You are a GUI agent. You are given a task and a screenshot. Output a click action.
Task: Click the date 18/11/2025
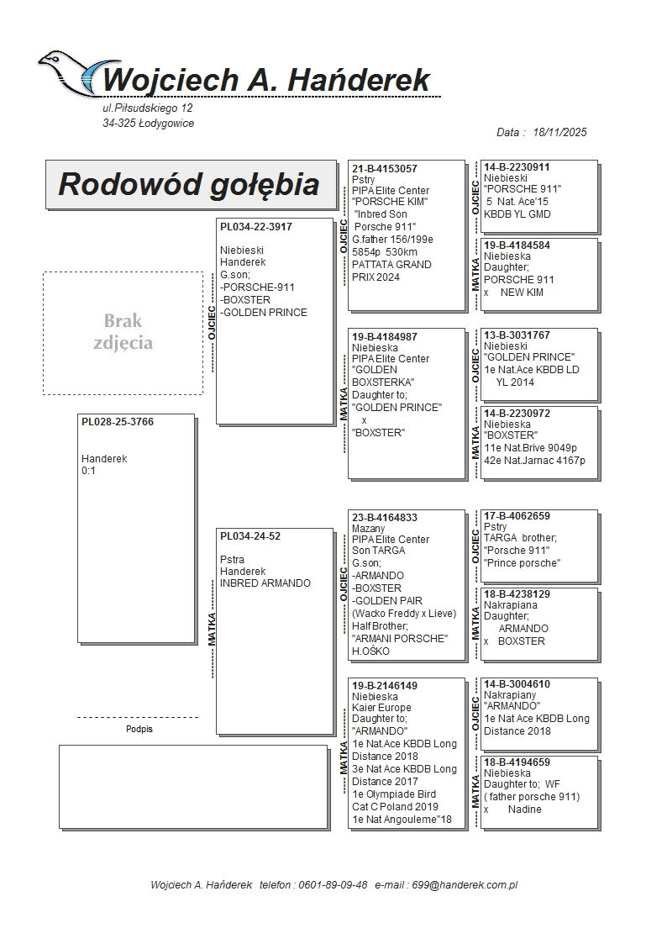click(559, 133)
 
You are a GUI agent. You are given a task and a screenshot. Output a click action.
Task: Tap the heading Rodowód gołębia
click(189, 184)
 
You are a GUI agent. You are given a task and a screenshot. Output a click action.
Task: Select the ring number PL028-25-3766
click(118, 422)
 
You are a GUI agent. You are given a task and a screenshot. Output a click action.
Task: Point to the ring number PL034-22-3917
click(255, 227)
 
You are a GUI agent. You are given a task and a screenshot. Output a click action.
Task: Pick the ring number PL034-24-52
click(250, 536)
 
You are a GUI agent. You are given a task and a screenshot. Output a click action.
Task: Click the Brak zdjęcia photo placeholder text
click(123, 332)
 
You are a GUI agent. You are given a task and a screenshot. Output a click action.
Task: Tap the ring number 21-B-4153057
click(384, 169)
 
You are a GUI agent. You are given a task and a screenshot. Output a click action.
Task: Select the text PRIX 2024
click(376, 277)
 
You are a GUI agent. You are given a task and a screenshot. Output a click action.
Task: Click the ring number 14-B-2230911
click(517, 167)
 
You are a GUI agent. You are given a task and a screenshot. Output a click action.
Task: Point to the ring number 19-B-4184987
click(384, 337)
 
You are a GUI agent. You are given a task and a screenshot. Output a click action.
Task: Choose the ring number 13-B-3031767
click(517, 335)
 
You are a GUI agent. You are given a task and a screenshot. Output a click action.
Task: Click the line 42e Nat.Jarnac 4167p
click(534, 461)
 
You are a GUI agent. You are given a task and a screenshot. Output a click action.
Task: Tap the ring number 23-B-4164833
click(384, 518)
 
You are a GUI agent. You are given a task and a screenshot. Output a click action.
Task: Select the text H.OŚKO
click(370, 651)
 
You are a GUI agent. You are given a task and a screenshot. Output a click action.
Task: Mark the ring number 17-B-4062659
click(517, 516)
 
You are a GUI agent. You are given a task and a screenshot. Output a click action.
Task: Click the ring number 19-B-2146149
click(384, 686)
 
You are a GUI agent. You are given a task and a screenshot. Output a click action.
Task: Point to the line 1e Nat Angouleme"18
click(402, 820)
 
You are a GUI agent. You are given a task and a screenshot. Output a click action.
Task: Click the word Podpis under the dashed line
click(139, 729)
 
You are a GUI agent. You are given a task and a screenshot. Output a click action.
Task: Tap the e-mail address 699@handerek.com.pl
click(465, 885)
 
